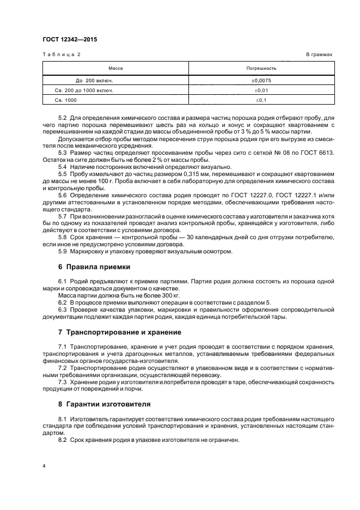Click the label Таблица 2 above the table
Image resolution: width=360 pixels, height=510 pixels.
click(62, 55)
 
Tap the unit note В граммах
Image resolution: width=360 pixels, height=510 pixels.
click(319, 55)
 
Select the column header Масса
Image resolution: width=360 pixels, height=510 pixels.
click(115, 69)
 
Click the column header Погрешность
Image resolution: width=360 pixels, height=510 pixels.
click(261, 69)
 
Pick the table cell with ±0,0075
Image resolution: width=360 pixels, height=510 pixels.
click(261, 81)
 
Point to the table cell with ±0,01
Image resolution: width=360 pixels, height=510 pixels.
click(261, 90)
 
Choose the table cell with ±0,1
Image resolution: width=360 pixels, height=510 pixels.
click(261, 100)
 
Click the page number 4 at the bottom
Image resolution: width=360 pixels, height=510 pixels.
click(44, 467)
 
